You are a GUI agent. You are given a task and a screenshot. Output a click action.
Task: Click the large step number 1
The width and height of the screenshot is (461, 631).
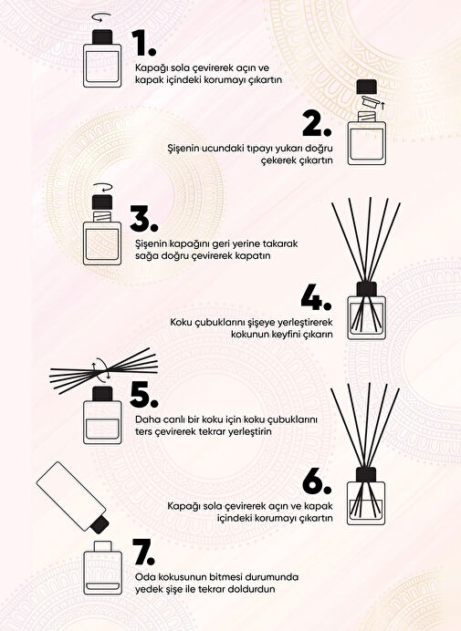click(143, 44)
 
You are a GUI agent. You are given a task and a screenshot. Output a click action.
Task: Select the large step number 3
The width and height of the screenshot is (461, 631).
click(144, 219)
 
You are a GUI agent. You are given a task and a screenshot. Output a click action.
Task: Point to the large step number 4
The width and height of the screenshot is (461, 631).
click(316, 298)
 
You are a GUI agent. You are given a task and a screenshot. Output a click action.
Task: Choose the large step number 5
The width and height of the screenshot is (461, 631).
click(144, 395)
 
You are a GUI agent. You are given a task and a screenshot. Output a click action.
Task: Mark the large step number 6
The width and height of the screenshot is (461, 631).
click(317, 481)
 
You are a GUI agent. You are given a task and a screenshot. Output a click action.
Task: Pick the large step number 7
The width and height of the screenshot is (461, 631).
click(143, 553)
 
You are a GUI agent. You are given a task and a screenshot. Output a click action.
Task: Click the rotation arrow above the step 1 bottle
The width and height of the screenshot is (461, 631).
click(101, 17)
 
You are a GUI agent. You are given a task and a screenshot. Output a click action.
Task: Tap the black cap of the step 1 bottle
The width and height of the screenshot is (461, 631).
click(102, 37)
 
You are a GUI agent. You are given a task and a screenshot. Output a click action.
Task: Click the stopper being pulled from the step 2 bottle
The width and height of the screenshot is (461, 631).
click(371, 102)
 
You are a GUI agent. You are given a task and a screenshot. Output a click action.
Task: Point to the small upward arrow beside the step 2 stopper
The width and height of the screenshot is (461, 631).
click(382, 107)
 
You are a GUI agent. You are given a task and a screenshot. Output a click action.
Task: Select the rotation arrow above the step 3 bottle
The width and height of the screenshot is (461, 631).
click(102, 188)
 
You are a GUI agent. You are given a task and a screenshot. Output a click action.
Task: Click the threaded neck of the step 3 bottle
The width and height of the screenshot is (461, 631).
click(102, 216)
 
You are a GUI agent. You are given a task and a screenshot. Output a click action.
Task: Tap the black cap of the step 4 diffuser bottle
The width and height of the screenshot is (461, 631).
click(367, 289)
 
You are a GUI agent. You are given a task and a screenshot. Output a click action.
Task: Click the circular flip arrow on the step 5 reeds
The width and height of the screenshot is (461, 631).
click(101, 369)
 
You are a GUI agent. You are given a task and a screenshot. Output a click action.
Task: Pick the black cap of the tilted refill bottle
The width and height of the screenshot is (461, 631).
click(100, 522)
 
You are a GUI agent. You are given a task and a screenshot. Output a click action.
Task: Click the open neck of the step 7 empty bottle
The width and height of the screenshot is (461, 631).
click(102, 547)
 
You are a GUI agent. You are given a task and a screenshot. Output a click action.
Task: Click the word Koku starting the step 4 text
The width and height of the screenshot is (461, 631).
click(181, 323)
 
